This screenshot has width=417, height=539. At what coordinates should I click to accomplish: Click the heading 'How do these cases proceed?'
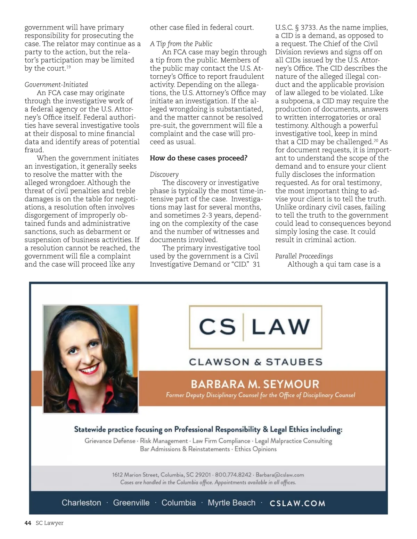click(x=198, y=158)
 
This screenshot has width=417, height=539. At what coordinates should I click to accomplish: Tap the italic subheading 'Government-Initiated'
click(x=56, y=85)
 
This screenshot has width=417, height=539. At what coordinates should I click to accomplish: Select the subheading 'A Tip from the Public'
click(x=181, y=44)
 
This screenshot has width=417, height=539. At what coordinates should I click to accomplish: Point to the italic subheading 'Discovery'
click(x=164, y=175)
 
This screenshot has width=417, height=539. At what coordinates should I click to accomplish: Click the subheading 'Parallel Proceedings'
click(x=304, y=256)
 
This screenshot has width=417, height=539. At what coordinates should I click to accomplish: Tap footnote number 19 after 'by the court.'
click(x=69, y=67)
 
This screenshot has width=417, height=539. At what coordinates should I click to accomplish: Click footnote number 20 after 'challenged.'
click(x=376, y=141)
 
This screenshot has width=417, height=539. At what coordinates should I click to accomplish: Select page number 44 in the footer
click(x=28, y=523)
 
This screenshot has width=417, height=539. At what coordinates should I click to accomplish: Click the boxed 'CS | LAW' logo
click(x=255, y=327)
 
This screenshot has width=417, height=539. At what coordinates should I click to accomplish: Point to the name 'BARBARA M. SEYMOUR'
click(x=255, y=384)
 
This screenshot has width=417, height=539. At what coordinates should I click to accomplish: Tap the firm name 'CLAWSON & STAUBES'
click(x=255, y=362)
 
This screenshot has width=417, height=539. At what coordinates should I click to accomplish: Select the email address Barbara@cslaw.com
click(x=280, y=475)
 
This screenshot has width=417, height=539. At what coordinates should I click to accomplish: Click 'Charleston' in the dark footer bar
click(x=81, y=503)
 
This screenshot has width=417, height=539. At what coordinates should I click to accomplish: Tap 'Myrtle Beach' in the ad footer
click(x=231, y=503)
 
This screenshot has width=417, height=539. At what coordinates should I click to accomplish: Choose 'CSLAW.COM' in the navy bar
click(x=297, y=503)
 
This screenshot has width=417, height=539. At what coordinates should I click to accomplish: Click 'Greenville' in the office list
click(x=131, y=503)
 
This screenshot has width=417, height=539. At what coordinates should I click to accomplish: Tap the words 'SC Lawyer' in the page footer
click(x=49, y=523)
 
